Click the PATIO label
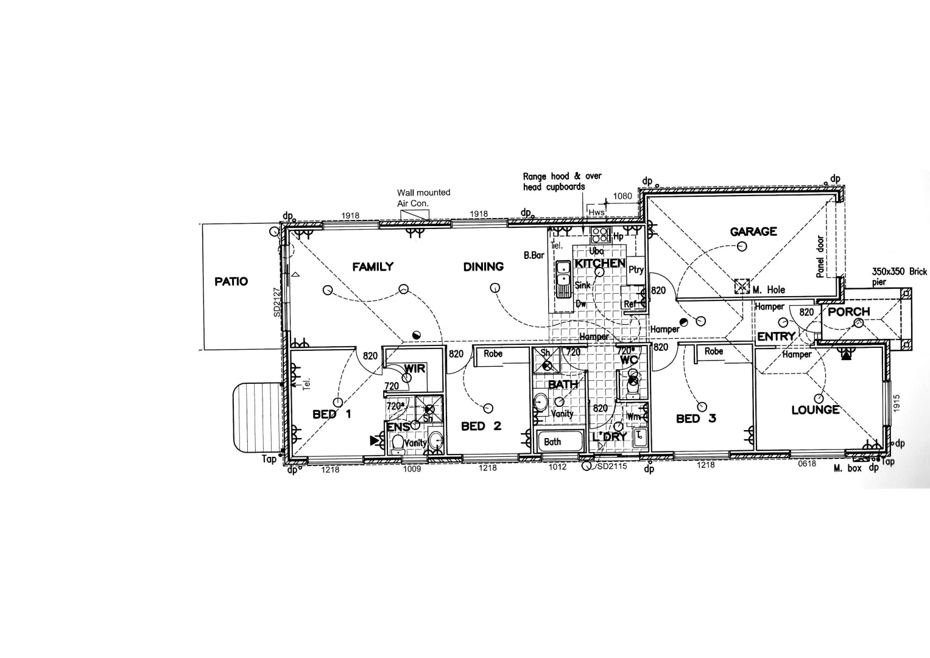pos(231,281)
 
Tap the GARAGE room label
pos(753,232)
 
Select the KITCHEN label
pos(600,263)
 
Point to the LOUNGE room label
pos(816,410)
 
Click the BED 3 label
pos(696,419)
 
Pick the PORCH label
pos(849,312)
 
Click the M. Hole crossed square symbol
pos(741,286)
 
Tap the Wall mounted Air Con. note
pos(423,197)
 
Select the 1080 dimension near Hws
pos(622,196)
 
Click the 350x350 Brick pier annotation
pos(899,276)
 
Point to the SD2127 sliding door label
pos(277,302)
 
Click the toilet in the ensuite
pos(398,444)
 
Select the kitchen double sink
pos(563,278)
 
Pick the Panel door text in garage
pos(820,257)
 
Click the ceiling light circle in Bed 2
pos(488,408)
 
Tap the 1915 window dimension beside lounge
pos(896,403)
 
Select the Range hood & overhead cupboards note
pos(562,182)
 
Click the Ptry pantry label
pos(636,270)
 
